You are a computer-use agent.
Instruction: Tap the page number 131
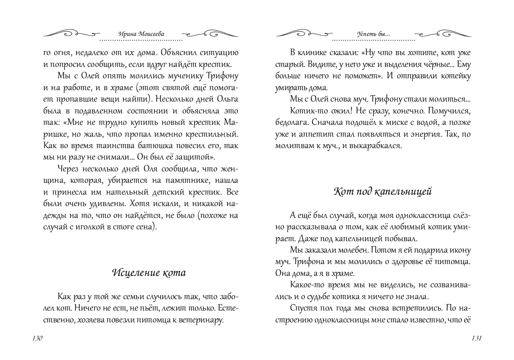pyautogui.click(x=477, y=338)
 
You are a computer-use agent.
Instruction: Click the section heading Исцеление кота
pyautogui.click(x=148, y=273)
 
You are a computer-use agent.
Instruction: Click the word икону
pyautogui.click(x=458, y=250)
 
